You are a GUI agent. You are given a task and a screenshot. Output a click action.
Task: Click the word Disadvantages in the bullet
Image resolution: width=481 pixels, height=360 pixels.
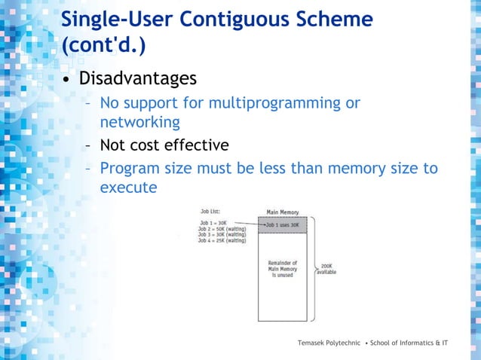click(x=138, y=78)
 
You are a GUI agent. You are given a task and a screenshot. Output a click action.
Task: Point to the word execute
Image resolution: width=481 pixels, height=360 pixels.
click(x=128, y=187)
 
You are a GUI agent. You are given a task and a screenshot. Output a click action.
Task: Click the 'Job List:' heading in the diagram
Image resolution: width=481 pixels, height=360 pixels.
click(x=210, y=212)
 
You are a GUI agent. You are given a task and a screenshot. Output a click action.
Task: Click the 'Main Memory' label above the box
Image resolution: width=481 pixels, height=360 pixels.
click(x=283, y=212)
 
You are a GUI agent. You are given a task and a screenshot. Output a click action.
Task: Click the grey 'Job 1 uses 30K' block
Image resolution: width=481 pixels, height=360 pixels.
click(x=283, y=224)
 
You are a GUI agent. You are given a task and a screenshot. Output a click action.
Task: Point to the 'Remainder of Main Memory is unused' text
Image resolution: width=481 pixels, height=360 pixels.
click(x=283, y=269)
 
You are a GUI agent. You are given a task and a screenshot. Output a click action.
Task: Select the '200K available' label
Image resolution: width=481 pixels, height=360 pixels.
click(x=326, y=269)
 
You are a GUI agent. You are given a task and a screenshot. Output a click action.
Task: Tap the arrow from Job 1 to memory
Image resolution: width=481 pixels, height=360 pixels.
click(x=247, y=224)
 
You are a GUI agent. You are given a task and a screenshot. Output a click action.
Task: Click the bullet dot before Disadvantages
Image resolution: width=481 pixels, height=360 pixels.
click(x=67, y=80)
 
